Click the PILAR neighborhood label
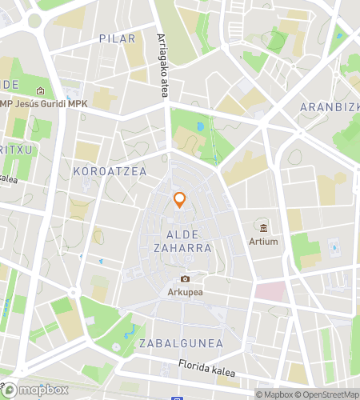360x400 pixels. (117, 38)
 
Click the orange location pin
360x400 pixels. (180, 200)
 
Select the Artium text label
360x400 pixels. (263, 241)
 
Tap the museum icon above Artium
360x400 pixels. (263, 227)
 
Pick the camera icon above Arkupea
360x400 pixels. (185, 278)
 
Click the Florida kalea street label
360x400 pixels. (207, 371)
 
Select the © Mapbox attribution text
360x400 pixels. (274, 394)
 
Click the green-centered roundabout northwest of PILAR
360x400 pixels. (34, 21)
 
